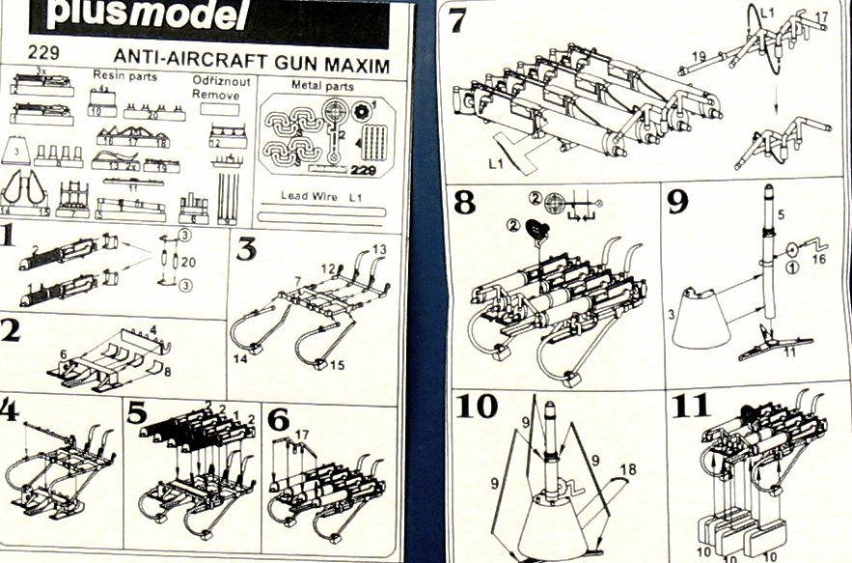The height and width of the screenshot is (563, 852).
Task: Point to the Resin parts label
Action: (x=124, y=75)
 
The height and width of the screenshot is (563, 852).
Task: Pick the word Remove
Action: (x=215, y=95)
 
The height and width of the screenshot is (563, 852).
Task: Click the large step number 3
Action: (x=246, y=249)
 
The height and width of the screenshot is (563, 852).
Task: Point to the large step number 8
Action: (x=465, y=204)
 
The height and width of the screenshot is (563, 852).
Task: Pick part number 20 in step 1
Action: (x=189, y=262)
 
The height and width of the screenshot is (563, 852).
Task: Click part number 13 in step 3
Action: (x=378, y=249)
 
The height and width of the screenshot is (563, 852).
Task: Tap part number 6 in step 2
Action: (x=64, y=354)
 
